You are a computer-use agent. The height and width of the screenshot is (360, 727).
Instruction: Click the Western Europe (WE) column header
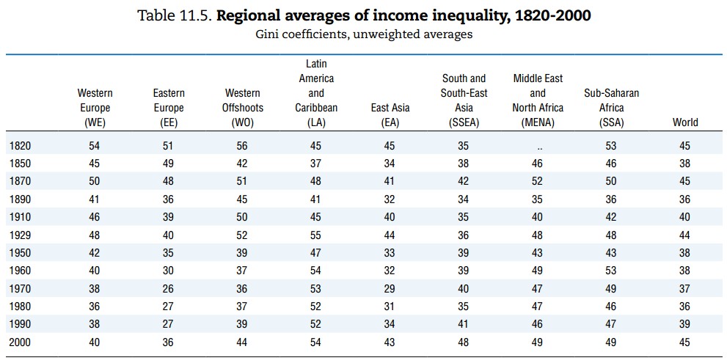[x=95, y=108]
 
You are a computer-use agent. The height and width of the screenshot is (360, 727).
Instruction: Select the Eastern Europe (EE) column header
[x=169, y=108]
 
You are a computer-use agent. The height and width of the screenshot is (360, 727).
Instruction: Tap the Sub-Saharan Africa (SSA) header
[x=611, y=108]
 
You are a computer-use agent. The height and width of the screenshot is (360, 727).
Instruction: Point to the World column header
[x=685, y=122]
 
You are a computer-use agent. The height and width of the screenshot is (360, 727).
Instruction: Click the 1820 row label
[x=20, y=147]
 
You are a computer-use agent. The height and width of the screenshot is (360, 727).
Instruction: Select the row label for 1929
[x=20, y=235]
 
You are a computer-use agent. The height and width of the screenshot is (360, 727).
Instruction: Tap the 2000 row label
[x=20, y=342]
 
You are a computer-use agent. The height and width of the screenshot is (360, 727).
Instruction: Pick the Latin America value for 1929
[x=316, y=235]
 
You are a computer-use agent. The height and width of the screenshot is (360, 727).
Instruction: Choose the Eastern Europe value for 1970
[x=169, y=289]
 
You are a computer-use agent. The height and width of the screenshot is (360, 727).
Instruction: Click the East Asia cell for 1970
[x=390, y=289]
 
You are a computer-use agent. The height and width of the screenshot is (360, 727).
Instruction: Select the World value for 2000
[x=685, y=342]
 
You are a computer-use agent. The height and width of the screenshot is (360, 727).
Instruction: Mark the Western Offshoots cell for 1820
[x=242, y=147]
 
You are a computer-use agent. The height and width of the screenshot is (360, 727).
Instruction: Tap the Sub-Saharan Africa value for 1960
[x=611, y=271]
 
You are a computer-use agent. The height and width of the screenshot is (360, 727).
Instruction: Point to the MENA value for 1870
[x=538, y=182]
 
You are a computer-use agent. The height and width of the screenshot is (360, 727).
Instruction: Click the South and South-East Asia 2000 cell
[x=464, y=342]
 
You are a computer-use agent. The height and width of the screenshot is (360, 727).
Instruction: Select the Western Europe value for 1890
[x=95, y=200]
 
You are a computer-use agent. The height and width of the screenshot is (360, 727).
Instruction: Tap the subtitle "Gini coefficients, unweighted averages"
[x=363, y=34]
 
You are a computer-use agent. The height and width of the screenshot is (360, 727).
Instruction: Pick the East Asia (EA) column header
[x=390, y=115]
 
